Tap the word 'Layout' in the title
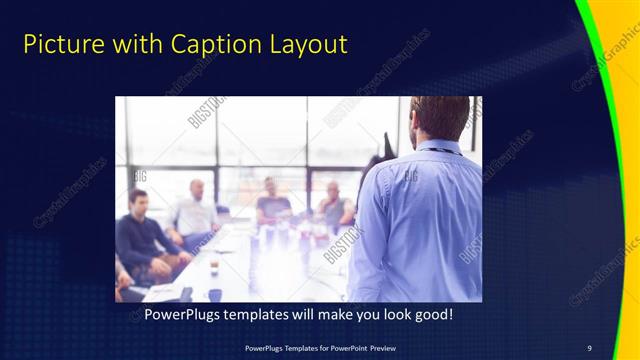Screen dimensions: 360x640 click(306, 45)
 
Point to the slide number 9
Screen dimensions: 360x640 click(589, 347)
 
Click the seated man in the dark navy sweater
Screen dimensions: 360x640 click(141, 235)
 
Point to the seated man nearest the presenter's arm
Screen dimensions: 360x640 click(334, 205)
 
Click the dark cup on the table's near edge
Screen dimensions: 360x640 click(214, 294)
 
